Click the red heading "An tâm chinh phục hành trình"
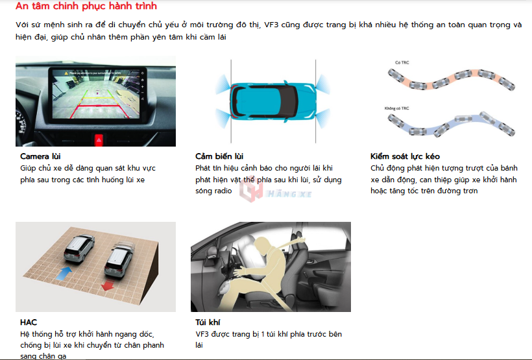coord(86,6)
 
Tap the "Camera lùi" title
coord(40,156)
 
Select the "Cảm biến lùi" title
coord(219,156)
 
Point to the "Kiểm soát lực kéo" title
coord(405,156)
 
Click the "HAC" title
coord(29,322)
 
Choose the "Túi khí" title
coord(208,322)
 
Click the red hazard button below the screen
coord(99,139)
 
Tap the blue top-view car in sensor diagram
coord(273,101)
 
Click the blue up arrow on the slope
coord(64,274)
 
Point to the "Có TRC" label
coord(402,62)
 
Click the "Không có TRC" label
coord(396,108)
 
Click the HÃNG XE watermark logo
coord(276,192)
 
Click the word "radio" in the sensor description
coord(223,191)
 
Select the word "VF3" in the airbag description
coord(202,334)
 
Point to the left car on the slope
coord(79,248)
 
